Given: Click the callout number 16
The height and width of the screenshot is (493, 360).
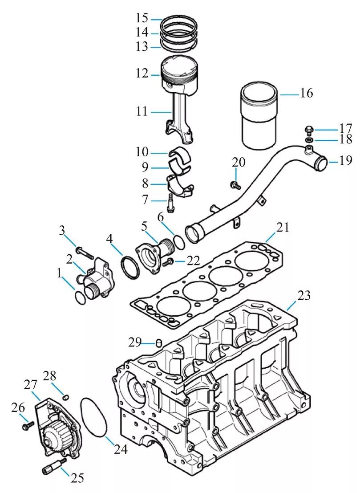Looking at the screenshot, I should (x=307, y=94).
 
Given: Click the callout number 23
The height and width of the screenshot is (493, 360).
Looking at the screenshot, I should (x=304, y=295).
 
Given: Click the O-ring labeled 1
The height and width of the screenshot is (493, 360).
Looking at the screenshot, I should (x=79, y=297).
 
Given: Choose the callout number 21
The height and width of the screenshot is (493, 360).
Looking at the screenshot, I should (x=283, y=228).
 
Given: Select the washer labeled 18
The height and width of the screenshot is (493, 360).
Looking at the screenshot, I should (x=308, y=140).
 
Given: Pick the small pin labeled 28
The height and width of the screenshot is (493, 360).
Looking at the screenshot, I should (x=65, y=395).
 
